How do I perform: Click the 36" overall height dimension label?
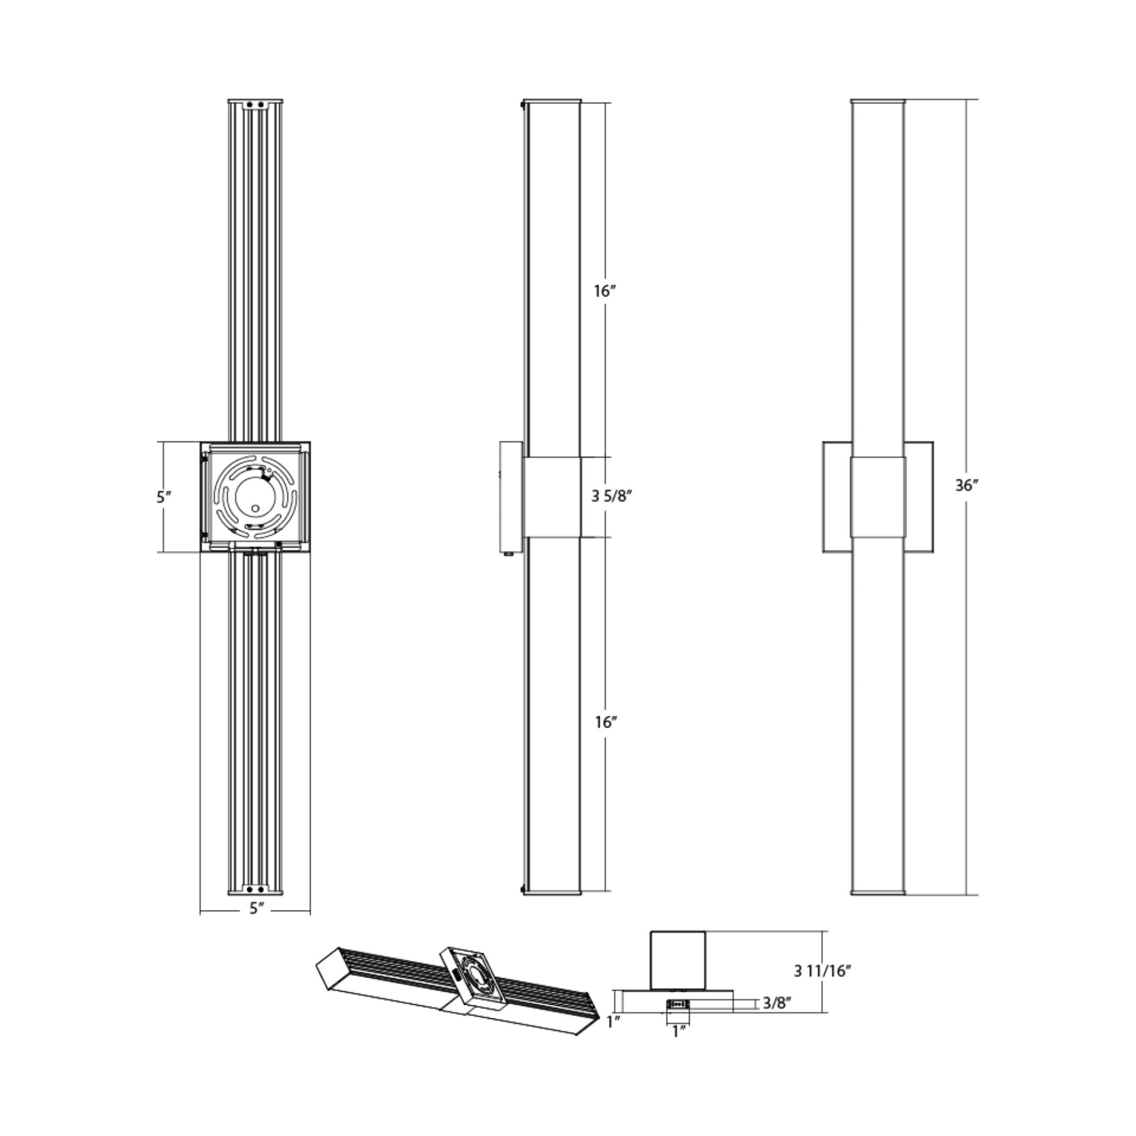point(966,486)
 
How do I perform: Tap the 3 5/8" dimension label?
point(611,496)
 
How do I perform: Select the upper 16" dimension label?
point(604,290)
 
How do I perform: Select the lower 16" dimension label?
point(605,722)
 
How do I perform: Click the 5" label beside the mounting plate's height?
point(164,497)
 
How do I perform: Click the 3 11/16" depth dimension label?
point(822,971)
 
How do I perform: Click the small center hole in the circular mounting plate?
point(254,507)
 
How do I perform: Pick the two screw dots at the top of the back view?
point(255,105)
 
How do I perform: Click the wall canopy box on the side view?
point(510,497)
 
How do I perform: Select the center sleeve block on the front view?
point(878,497)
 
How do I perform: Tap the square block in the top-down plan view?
point(678,960)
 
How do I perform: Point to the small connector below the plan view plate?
point(679,1004)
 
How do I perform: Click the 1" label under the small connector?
point(679,1031)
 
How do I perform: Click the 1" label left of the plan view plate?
point(613,1022)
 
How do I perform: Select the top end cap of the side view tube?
point(552,102)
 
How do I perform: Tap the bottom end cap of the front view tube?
point(878,893)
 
